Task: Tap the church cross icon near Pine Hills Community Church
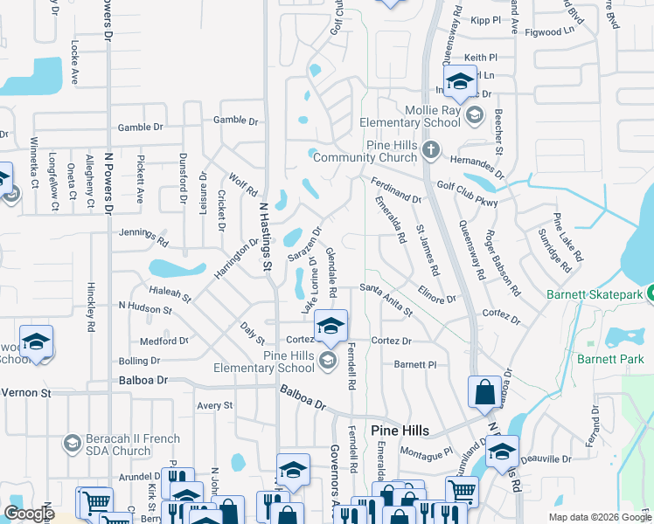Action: pyautogui.click(x=430, y=150)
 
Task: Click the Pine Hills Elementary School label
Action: pyautogui.click(x=277, y=362)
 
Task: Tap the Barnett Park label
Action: pyautogui.click(x=609, y=358)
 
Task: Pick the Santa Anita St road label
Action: pyautogui.click(x=386, y=295)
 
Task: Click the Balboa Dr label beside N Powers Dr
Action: pyautogui.click(x=143, y=381)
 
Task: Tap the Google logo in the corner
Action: pyautogui.click(x=29, y=513)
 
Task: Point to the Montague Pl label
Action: pyautogui.click(x=426, y=452)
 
